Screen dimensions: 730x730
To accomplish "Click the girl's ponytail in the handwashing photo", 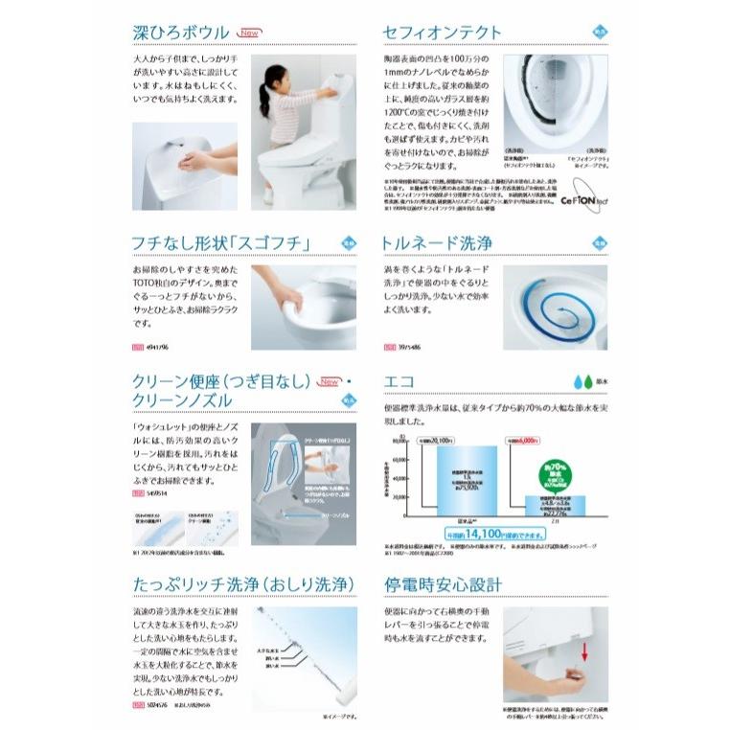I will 263,96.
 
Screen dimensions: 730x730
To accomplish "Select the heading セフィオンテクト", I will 442,32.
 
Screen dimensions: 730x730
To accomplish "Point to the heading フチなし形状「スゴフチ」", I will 220,243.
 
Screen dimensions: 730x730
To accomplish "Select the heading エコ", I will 399,381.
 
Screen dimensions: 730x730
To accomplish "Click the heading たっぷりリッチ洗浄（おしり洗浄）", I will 243,585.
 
